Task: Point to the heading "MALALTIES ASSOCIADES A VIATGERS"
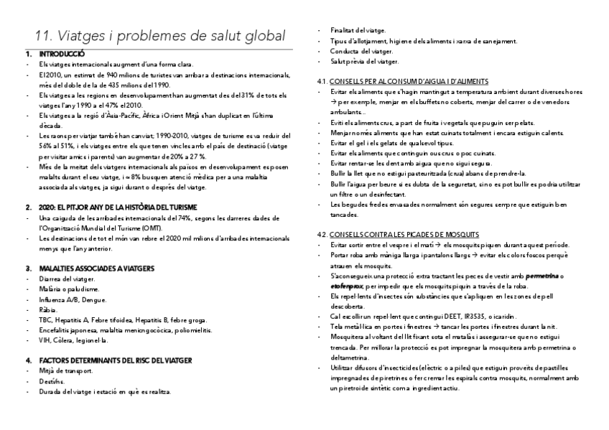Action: [x=90, y=268]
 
